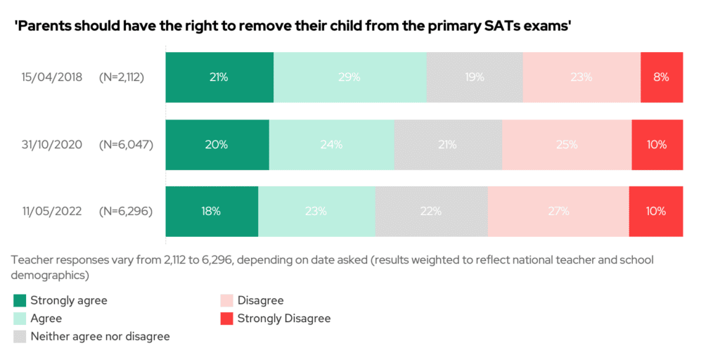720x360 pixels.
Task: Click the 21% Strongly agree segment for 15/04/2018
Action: coord(219,77)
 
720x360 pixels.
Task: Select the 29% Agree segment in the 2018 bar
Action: coord(349,77)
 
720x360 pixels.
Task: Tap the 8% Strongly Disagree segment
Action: coord(662,77)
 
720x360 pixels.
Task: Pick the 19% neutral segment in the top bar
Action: coord(475,77)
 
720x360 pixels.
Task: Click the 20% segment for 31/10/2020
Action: coord(217,145)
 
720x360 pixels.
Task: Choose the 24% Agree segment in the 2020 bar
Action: coord(331,145)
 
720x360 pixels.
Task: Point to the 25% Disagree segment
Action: coord(567,145)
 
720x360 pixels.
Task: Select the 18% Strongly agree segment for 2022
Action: coord(212,211)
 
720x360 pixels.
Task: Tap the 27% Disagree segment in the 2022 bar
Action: coord(558,211)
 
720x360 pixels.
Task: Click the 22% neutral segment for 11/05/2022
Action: coord(431,211)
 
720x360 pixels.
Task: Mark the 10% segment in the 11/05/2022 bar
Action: coord(656,211)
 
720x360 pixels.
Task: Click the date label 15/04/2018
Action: coord(51,77)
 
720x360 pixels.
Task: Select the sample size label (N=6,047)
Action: coord(126,145)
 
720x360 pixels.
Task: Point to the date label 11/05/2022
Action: coord(51,211)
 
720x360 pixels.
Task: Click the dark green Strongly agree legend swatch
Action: coord(19,301)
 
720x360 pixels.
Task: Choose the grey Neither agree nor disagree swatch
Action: coord(19,337)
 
